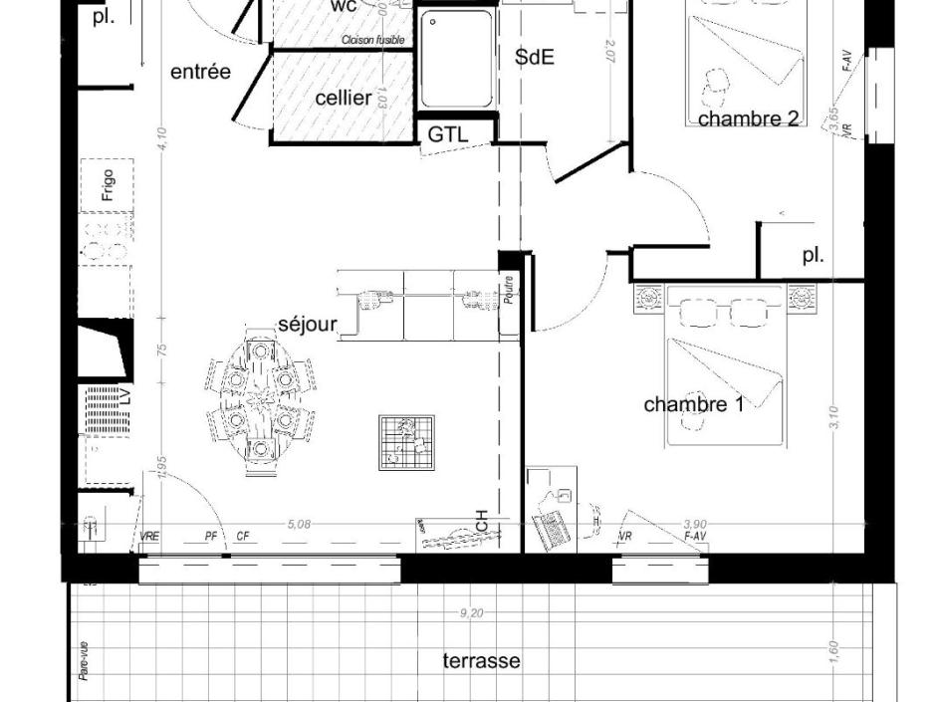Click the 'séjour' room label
click(x=307, y=325)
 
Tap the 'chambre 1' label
click(x=693, y=404)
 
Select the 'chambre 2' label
click(x=749, y=118)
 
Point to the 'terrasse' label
click(x=481, y=660)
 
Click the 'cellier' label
click(x=344, y=98)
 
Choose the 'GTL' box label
click(x=447, y=134)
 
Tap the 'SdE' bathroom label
click(x=535, y=58)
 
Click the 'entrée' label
click(x=200, y=72)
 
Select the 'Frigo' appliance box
click(x=108, y=185)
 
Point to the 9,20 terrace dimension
click(x=471, y=613)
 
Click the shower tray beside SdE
click(x=456, y=60)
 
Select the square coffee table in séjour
click(x=406, y=442)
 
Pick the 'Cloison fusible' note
click(x=372, y=40)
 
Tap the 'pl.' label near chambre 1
click(x=814, y=255)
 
